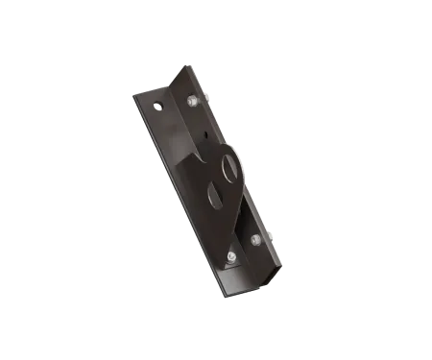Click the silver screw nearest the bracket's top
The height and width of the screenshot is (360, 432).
point(190,100)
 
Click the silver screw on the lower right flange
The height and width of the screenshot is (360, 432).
point(255,238)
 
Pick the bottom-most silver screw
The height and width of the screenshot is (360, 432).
point(231,258)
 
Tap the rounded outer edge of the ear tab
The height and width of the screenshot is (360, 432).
point(245,163)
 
